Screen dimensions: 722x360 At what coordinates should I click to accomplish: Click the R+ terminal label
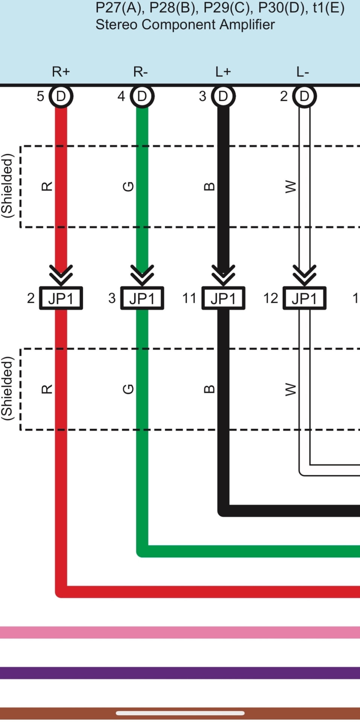click(x=61, y=71)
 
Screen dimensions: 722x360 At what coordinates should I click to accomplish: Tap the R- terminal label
click(x=140, y=71)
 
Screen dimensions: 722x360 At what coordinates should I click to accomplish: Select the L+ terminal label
click(x=223, y=71)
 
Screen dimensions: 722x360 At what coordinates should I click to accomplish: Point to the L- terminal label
click(x=303, y=71)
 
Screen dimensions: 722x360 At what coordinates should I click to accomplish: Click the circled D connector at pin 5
click(x=61, y=96)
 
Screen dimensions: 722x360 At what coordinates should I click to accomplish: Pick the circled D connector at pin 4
click(x=142, y=96)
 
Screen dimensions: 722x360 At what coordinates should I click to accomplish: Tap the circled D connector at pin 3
click(x=223, y=96)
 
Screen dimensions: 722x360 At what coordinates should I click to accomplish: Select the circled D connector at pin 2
click(x=304, y=96)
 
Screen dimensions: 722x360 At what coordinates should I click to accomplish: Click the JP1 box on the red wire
click(x=61, y=298)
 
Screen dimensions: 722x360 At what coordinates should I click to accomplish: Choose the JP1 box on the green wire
click(x=142, y=298)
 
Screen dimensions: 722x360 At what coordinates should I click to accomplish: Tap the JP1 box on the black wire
click(x=223, y=298)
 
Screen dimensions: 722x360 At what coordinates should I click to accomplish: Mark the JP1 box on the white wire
click(x=304, y=298)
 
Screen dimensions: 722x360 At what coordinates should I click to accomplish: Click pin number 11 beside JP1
click(x=189, y=298)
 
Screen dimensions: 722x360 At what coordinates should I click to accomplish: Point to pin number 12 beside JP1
click(x=270, y=298)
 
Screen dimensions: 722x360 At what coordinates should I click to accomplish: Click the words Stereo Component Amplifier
click(x=185, y=24)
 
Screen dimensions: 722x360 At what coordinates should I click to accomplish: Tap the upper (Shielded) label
click(x=8, y=186)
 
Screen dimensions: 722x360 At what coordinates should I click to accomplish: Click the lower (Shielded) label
click(x=8, y=388)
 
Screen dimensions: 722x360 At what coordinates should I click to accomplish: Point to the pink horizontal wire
click(x=180, y=632)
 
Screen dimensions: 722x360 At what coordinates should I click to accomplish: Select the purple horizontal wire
click(x=180, y=673)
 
